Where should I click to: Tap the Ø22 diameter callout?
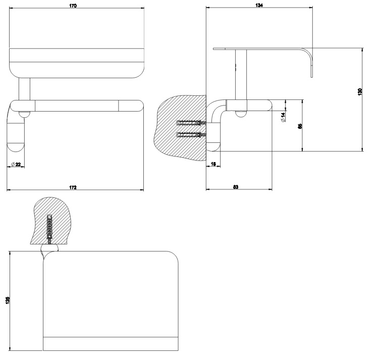16,164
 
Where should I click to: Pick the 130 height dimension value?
359,92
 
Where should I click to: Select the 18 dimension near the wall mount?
213,164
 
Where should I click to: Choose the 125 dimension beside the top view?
7,300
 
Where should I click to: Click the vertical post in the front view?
24,89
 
